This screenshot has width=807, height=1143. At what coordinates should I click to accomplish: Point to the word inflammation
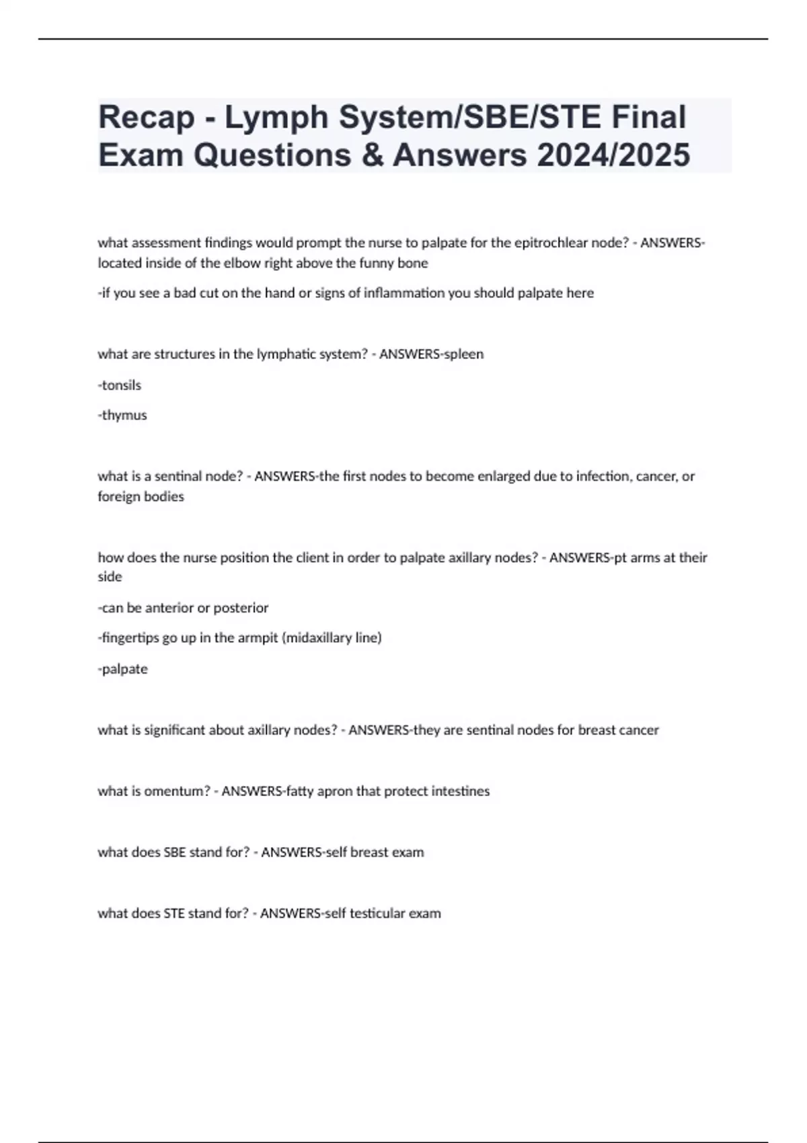tap(404, 293)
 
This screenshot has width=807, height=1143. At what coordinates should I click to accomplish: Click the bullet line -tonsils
tap(120, 385)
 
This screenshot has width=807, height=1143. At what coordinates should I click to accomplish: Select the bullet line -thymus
tap(122, 416)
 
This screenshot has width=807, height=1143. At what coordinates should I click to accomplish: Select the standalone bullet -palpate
tap(123, 669)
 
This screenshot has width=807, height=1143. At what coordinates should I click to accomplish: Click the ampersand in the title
tap(372, 155)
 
